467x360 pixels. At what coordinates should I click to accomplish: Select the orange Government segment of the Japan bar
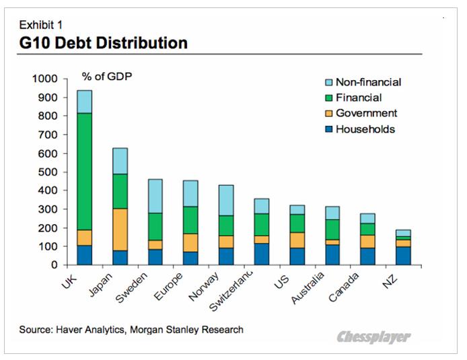120,229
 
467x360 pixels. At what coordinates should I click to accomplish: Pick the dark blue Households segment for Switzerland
262,254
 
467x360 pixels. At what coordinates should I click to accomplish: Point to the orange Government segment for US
297,240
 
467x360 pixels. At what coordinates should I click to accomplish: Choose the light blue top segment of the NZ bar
402,233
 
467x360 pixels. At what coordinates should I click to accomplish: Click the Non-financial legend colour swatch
328,83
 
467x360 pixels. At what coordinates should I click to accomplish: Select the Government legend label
366,113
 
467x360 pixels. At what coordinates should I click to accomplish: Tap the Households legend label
365,129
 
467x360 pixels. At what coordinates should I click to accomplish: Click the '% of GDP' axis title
107,75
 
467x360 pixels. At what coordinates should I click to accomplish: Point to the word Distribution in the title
141,44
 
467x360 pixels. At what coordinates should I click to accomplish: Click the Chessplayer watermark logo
373,336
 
